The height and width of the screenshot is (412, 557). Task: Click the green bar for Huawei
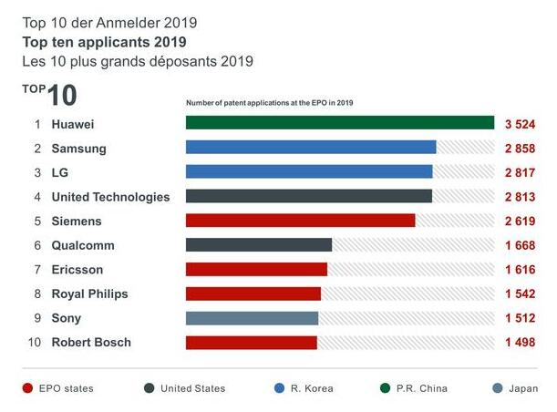tap(339, 123)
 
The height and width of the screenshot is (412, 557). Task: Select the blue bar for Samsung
tap(311, 148)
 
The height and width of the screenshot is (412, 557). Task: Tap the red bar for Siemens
tap(300, 221)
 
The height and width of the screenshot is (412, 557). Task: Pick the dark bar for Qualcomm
tap(259, 245)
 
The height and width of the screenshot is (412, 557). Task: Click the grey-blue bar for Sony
tap(252, 318)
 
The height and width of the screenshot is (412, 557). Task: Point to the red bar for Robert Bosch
tap(252, 343)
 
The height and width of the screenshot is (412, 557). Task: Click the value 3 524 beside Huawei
tap(520, 123)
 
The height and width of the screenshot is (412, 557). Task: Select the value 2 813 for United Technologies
tap(520, 196)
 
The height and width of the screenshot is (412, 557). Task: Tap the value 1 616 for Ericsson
tap(520, 270)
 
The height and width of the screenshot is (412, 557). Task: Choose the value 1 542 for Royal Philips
tap(520, 294)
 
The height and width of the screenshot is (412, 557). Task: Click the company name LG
tap(60, 172)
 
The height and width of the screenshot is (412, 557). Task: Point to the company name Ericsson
tap(77, 270)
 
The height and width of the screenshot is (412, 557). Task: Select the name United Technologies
tap(110, 196)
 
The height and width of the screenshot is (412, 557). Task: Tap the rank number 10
tap(35, 343)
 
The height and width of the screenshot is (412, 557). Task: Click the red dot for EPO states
tap(27, 388)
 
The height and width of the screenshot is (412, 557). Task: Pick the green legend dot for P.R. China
tap(387, 388)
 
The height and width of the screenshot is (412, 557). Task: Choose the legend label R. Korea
tap(313, 388)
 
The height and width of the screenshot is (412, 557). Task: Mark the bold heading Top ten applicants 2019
tap(104, 43)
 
